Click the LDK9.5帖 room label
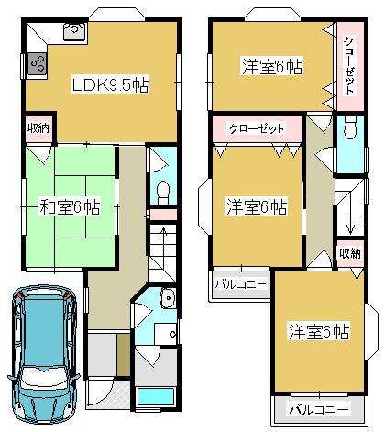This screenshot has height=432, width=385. click(x=111, y=84)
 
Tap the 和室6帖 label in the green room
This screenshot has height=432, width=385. click(x=70, y=206)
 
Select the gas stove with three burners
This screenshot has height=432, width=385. click(x=38, y=64)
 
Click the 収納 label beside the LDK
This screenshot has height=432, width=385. click(x=38, y=128)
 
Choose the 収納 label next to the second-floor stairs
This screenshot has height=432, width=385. click(x=349, y=253)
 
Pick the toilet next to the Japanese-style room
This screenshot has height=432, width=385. click(x=162, y=191)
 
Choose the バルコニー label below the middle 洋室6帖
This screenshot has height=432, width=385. click(x=241, y=284)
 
